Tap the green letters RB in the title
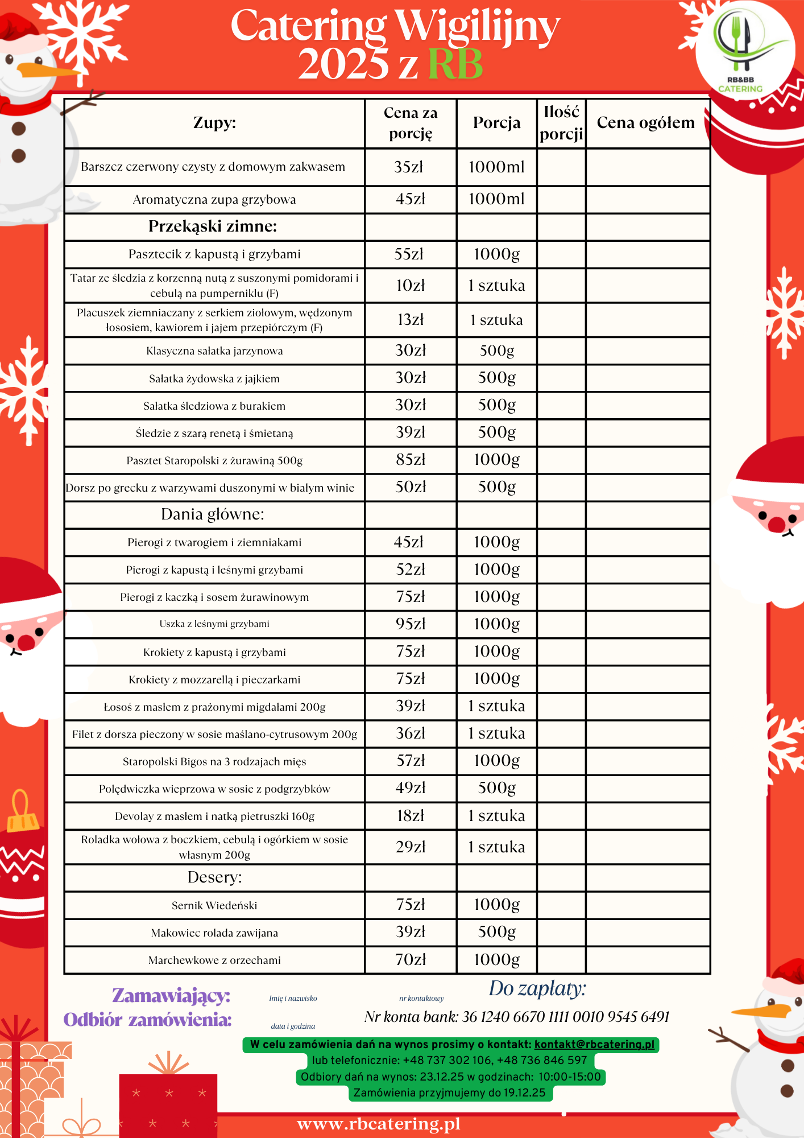(x=455, y=64)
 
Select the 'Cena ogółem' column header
(x=646, y=123)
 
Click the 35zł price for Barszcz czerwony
(x=409, y=167)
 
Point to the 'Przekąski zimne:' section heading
(x=213, y=226)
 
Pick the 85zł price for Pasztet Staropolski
(x=411, y=460)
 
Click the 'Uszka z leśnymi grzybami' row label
(x=214, y=624)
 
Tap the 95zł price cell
(x=411, y=624)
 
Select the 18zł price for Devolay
(x=411, y=816)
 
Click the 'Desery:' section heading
(x=214, y=877)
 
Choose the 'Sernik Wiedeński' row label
(x=214, y=905)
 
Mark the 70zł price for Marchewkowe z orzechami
(x=411, y=960)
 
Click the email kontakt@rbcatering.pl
(x=594, y=1045)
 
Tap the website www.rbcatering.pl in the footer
(x=379, y=1124)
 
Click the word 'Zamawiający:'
(x=171, y=996)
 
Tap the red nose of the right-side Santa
(x=777, y=523)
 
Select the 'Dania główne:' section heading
(x=213, y=514)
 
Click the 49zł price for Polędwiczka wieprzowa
(x=411, y=788)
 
